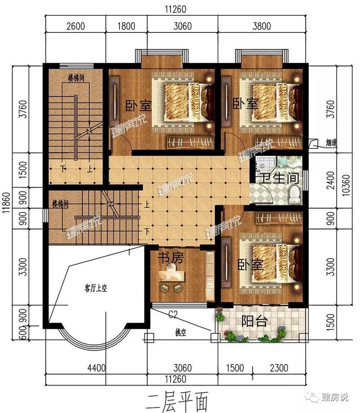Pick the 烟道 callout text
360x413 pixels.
tap(332, 143)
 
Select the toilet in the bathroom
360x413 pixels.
tap(293, 194)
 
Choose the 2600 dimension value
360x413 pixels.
tap(75, 25)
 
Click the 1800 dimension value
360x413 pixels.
tap(126, 25)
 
